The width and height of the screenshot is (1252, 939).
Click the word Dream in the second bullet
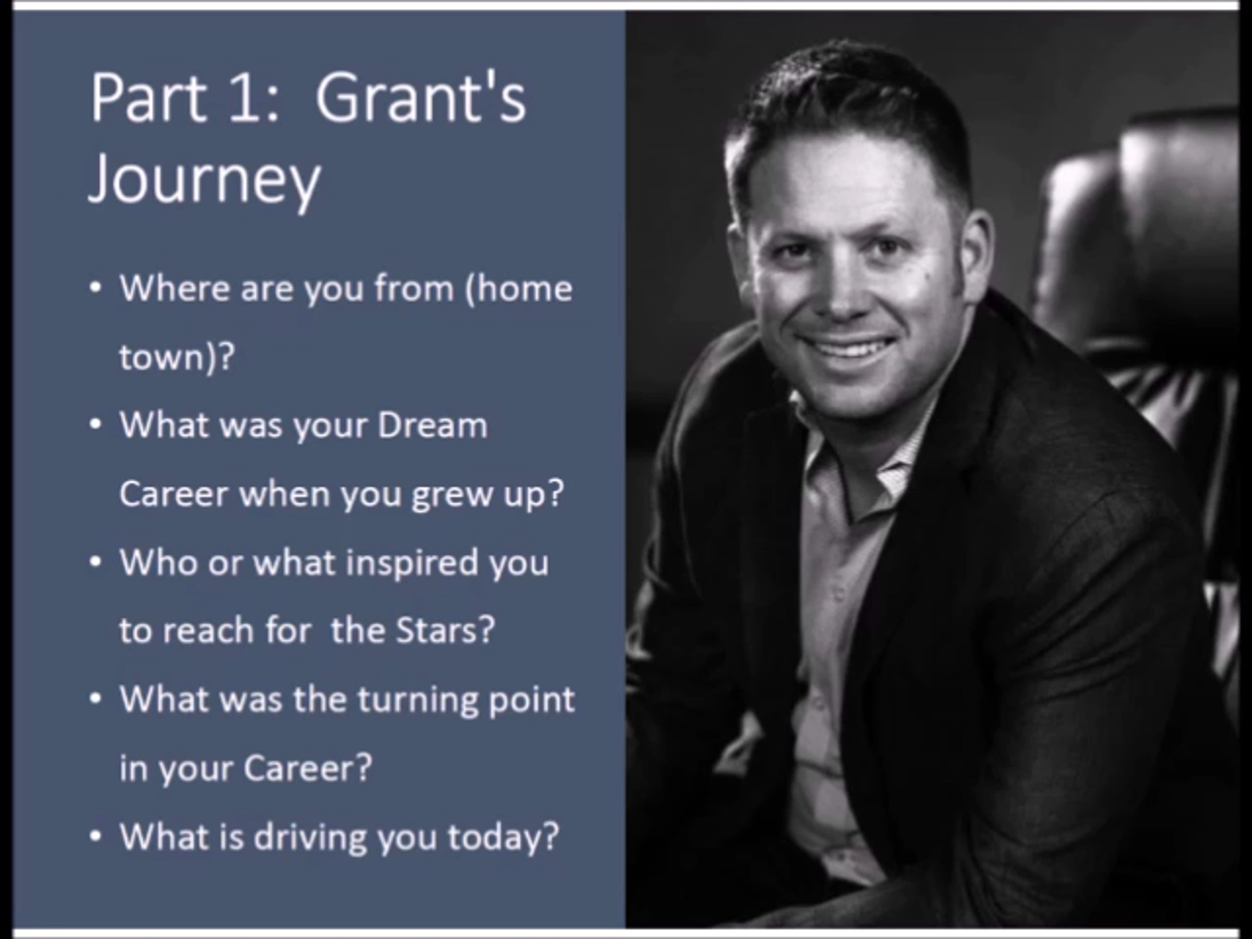point(432,426)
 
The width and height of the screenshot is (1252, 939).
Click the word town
point(161,358)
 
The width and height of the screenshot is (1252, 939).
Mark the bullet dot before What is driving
point(95,837)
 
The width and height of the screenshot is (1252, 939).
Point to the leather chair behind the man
point(1143,283)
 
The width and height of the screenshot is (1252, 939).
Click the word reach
point(208,631)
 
